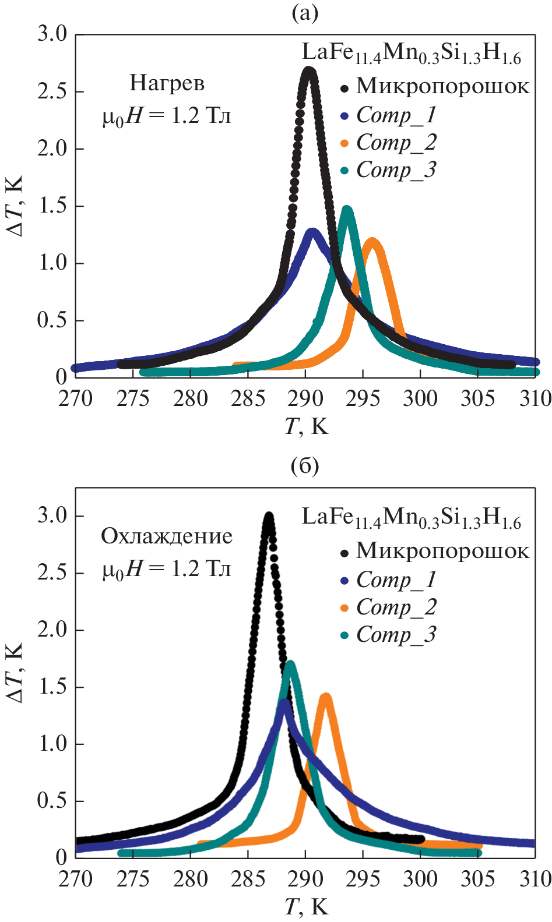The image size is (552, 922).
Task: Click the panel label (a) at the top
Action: (x=305, y=13)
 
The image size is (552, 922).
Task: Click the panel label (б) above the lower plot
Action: (x=305, y=466)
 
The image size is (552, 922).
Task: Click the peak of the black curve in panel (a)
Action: (x=309, y=72)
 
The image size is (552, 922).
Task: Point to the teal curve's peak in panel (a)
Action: (x=347, y=210)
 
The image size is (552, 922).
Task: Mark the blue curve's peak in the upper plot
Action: (x=313, y=232)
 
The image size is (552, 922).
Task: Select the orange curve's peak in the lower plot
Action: (x=326, y=697)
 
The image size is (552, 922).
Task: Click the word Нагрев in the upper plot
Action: (x=167, y=83)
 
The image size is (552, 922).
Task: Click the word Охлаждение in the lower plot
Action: (x=167, y=536)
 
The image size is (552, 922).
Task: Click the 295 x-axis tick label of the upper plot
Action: (x=363, y=399)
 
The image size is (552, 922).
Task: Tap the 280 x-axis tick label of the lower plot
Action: (x=191, y=879)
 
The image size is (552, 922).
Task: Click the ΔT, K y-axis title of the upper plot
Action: (x=16, y=206)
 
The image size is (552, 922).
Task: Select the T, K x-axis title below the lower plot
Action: (x=307, y=906)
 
